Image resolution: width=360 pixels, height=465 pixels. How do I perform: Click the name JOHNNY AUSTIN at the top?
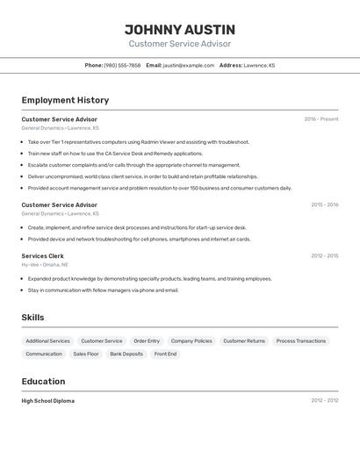(180, 30)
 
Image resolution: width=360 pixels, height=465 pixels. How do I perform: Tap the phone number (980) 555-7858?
(122, 65)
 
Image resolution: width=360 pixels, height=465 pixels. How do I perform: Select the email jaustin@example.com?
(189, 65)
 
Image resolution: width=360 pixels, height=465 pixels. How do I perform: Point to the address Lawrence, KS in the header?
(259, 65)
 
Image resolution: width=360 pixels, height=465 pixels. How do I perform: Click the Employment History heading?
(65, 100)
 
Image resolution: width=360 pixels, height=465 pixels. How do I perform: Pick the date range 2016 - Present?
(320, 119)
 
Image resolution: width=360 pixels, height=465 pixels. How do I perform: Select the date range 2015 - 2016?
(324, 205)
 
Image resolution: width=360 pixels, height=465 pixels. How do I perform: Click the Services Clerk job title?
(42, 256)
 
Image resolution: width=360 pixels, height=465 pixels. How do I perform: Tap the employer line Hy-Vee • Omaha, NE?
(45, 264)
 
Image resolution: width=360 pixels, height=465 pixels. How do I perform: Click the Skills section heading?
(32, 318)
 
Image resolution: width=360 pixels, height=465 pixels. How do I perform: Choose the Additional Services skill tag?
(47, 340)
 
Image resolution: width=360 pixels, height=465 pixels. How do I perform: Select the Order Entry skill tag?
(147, 340)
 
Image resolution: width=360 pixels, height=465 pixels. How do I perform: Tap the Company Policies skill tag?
(191, 340)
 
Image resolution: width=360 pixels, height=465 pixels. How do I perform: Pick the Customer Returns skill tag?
(243, 340)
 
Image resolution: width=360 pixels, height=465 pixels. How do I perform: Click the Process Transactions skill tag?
(300, 340)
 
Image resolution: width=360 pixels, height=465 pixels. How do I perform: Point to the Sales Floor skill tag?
(86, 354)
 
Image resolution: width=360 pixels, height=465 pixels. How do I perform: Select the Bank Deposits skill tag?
(126, 354)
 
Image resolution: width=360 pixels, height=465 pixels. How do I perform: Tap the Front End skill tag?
(165, 354)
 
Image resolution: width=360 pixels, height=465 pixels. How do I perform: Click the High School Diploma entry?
(47, 401)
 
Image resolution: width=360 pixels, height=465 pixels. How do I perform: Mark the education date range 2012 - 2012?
(324, 401)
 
